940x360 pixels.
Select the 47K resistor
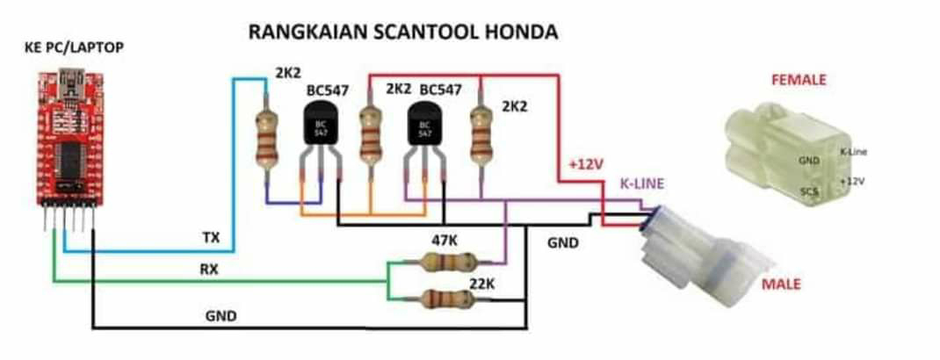coord(448,261)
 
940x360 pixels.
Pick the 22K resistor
coord(449,297)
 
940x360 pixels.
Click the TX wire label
coord(211,237)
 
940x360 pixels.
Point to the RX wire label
coord(209,270)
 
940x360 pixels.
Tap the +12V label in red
coord(586,165)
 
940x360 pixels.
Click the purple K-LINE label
coord(642,184)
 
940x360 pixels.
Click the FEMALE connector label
coord(798,80)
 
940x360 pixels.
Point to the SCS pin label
coord(809,191)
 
